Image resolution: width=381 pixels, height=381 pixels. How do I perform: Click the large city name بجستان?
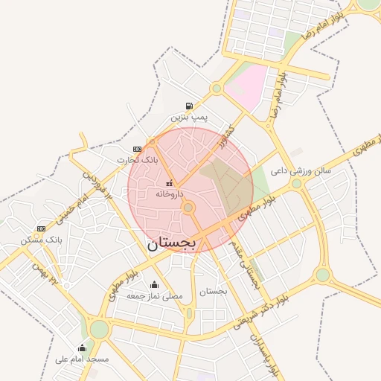tap(171, 243)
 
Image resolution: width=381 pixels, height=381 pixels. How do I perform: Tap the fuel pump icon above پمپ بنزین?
tap(190, 106)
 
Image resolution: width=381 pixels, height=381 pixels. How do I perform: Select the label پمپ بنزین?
tap(190, 118)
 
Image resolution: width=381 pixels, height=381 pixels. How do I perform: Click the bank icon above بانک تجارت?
tap(137, 148)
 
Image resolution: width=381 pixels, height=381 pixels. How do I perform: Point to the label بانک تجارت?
tap(138, 160)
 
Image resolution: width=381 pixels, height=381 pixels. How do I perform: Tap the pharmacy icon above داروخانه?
tap(169, 182)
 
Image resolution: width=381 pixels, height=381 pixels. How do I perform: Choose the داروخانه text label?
tap(169, 193)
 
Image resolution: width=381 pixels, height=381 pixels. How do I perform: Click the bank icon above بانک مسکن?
tap(41, 228)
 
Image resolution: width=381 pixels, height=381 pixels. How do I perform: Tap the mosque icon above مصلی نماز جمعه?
tap(154, 284)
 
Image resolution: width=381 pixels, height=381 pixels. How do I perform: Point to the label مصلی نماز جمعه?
tap(154, 295)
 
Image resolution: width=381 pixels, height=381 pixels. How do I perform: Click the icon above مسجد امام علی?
tap(82, 348)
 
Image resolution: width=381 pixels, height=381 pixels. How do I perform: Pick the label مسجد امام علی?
tap(82, 359)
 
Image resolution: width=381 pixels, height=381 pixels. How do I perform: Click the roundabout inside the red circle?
tap(188, 208)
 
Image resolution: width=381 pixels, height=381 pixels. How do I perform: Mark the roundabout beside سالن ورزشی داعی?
tap(296, 183)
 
